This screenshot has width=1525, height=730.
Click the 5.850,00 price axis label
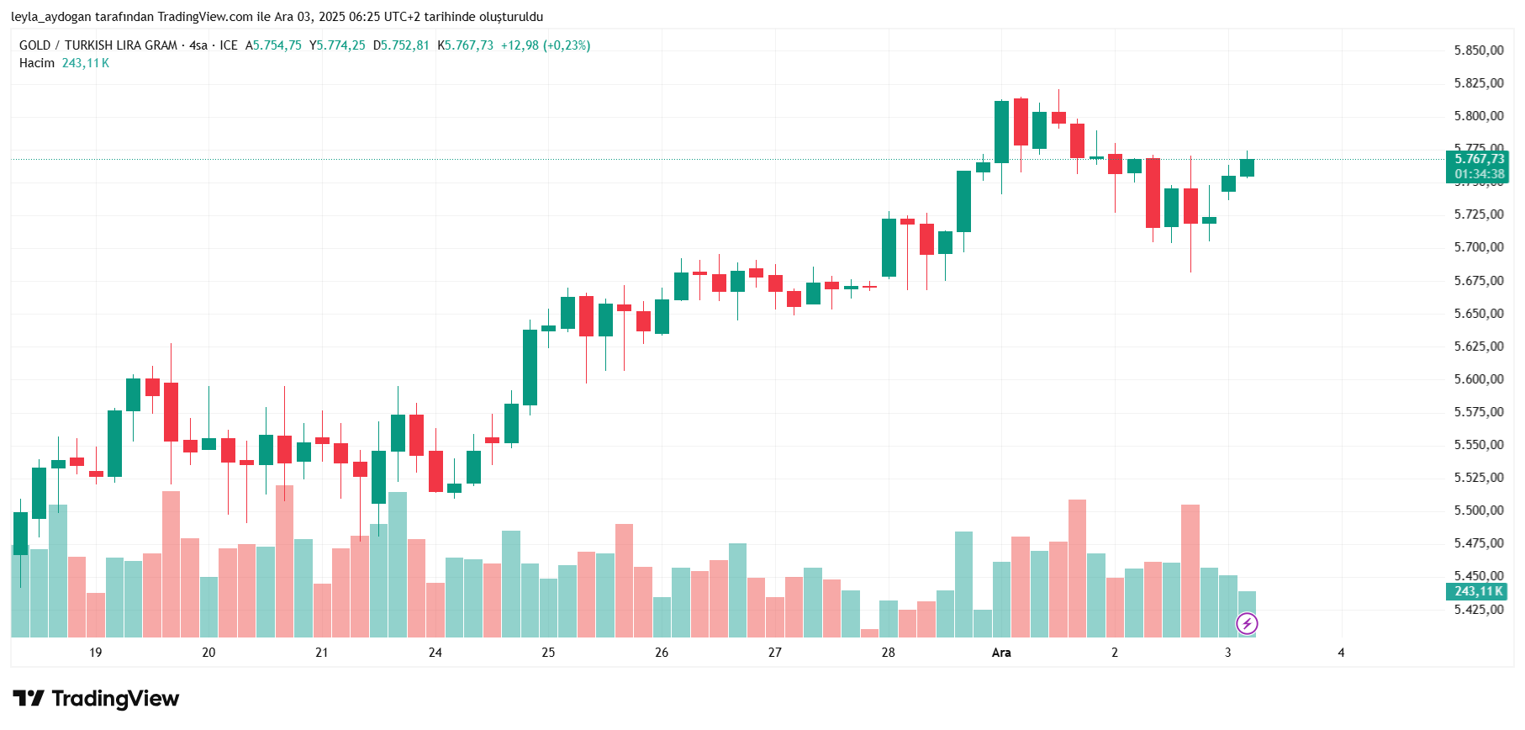[1478, 50]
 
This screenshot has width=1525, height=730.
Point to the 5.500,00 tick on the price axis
[1478, 510]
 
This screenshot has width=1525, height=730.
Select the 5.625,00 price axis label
[1478, 346]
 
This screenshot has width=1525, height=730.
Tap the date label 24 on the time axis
[435, 653]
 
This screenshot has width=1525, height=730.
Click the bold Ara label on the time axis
[1000, 653]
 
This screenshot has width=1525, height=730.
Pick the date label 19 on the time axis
[95, 653]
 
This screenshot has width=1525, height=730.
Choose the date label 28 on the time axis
[888, 653]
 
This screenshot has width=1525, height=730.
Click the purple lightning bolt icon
[1247, 623]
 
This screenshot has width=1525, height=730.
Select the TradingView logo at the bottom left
[96, 699]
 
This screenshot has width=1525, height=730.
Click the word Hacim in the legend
[37, 63]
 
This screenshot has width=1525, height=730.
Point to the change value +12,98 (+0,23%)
[545, 45]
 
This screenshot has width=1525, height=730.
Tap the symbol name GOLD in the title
[34, 45]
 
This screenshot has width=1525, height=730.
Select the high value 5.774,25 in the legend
[340, 45]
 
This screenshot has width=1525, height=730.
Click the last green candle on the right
[1247, 167]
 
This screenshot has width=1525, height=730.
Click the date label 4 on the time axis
[1341, 653]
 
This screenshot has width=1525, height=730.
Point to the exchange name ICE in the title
[229, 45]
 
